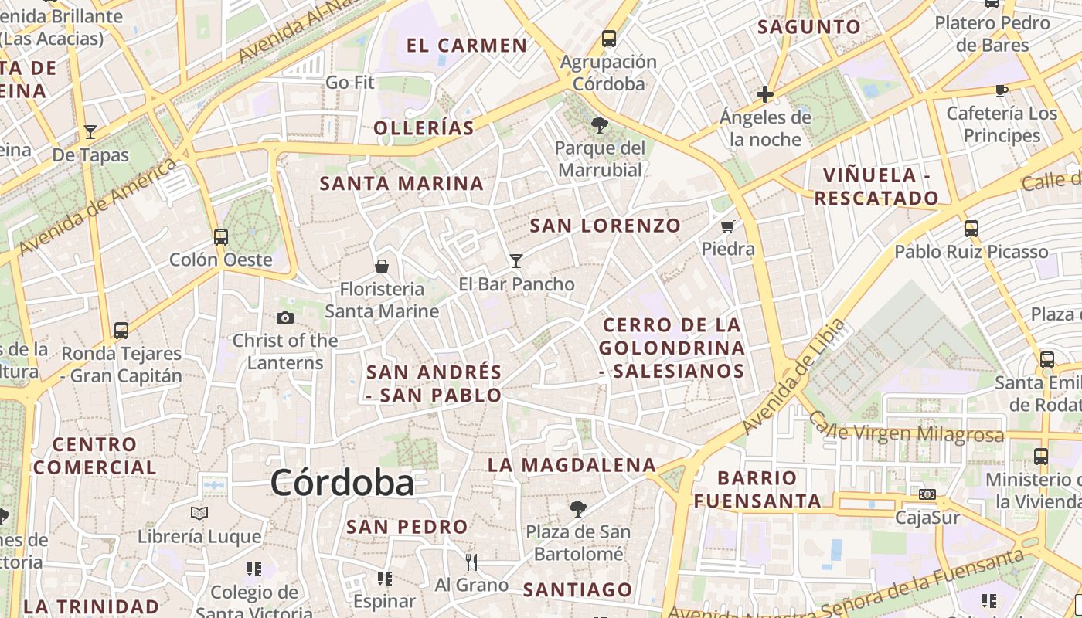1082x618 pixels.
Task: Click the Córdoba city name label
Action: [x=342, y=483]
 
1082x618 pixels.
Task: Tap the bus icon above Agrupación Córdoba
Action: [x=609, y=38]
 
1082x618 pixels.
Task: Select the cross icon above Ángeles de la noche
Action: [x=765, y=94]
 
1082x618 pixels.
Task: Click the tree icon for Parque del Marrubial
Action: [x=599, y=124]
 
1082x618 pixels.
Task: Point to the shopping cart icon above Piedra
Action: [x=727, y=227]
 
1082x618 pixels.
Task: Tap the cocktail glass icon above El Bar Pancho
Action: [x=516, y=261]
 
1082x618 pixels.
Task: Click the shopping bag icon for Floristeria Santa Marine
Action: [x=381, y=267]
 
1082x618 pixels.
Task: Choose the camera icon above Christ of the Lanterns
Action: [x=284, y=317]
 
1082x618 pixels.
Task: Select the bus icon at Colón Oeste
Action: [x=221, y=236]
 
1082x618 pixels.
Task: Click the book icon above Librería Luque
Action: [x=199, y=513]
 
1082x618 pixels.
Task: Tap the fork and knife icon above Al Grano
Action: [x=471, y=562]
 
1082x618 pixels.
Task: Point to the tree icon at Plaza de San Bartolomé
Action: [x=577, y=508]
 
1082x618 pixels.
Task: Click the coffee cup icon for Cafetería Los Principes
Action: [x=1002, y=90]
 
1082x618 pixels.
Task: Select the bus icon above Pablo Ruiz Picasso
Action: [x=971, y=228]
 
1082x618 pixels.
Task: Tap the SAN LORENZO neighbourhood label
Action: [x=605, y=226]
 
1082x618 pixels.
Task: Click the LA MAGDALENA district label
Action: [x=572, y=465]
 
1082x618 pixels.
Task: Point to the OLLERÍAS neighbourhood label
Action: [x=424, y=127]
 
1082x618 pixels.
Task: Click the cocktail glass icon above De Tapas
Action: [x=90, y=131]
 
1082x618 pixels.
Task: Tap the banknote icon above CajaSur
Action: [x=927, y=494]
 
